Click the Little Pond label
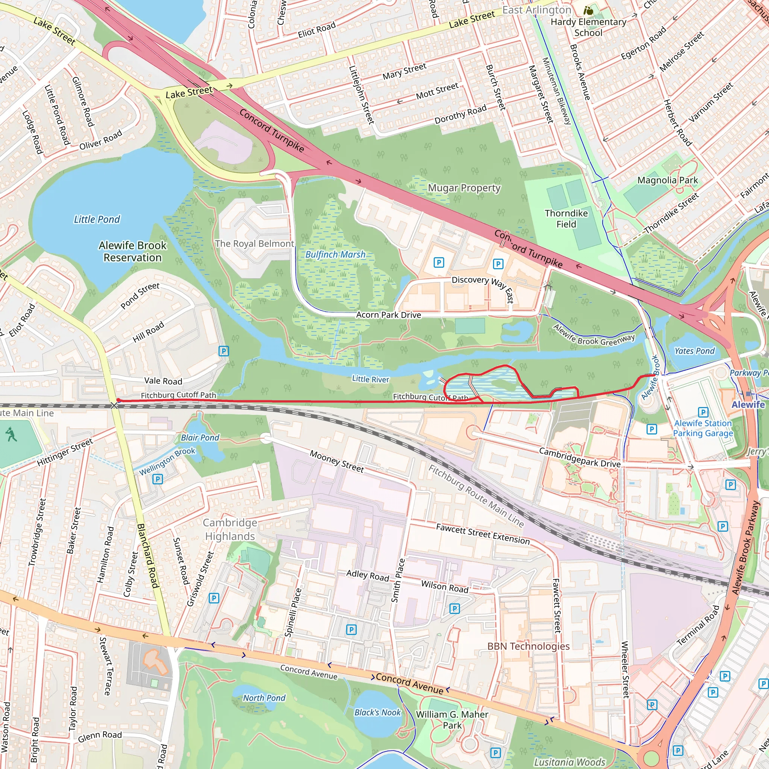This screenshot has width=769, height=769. coord(97,219)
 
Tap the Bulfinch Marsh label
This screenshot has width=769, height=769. coord(335,254)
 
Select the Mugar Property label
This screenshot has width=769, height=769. coord(464,188)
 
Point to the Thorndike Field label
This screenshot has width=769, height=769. coord(566,219)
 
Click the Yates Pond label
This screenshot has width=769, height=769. coord(695,351)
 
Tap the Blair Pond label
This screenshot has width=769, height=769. coord(200,437)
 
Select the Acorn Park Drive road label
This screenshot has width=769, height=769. coord(389,315)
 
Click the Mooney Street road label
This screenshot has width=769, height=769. coord(337,461)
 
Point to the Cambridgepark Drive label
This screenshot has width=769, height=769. coord(579,458)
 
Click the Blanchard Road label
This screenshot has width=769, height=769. coord(148,556)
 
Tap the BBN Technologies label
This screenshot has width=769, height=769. coord(528,646)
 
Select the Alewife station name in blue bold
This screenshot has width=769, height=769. coord(748,404)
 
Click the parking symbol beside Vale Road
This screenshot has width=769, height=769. coord(224,351)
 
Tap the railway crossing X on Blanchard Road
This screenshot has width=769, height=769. coord(114,405)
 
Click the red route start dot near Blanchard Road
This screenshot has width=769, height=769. coord(118,400)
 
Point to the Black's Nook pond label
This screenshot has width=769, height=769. coord(377,712)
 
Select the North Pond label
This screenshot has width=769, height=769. coord(264,698)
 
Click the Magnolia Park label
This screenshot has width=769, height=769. coord(668,180)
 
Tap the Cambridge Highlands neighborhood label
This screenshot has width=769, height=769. coord(230,529)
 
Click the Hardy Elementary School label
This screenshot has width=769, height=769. coord(588,27)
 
